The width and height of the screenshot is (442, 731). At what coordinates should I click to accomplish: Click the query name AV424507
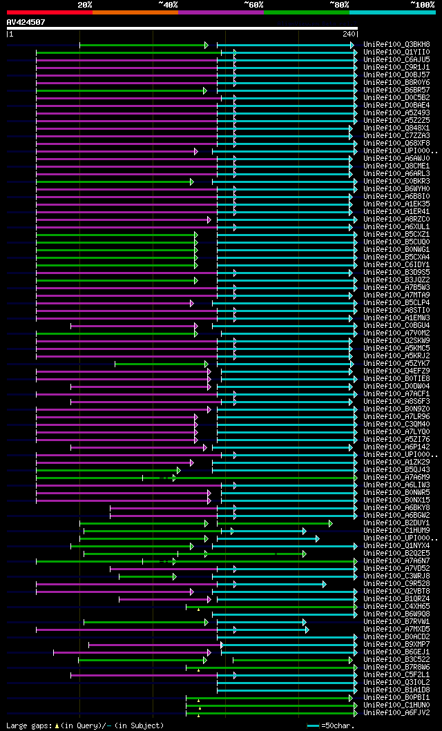26,22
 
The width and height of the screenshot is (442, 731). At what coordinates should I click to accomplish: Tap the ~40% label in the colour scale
168,5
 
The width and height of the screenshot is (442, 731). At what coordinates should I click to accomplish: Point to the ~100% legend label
422,5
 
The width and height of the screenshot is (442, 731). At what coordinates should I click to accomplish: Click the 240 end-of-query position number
348,34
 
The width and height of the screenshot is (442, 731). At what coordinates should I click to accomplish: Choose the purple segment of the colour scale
221,12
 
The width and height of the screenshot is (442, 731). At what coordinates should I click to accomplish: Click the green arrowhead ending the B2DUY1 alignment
331,523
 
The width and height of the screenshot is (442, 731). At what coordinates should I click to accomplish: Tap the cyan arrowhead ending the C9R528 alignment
324,584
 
